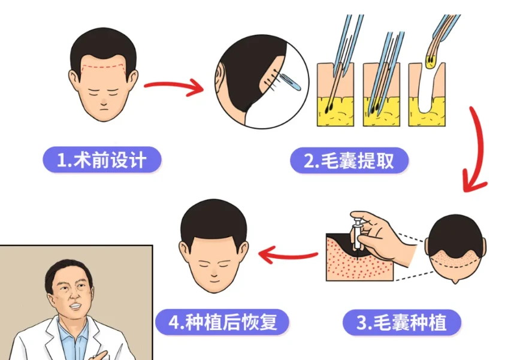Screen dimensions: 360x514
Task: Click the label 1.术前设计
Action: tap(102, 160)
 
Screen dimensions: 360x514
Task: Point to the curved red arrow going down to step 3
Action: tap(479, 150)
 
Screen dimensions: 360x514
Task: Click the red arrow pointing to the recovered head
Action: tap(288, 256)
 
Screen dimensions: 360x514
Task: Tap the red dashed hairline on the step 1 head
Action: tap(102, 63)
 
